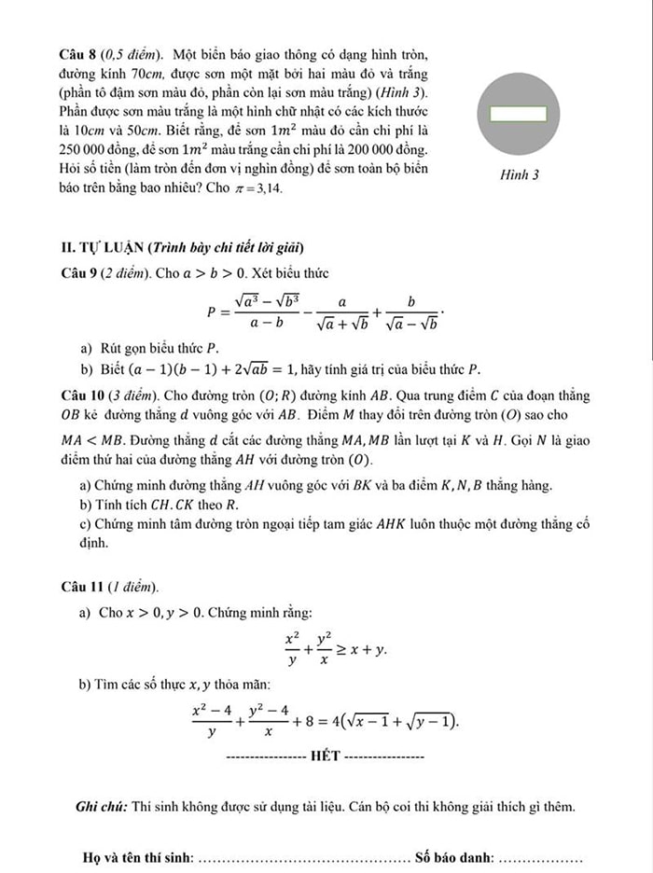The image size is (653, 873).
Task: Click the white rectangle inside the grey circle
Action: [519, 113]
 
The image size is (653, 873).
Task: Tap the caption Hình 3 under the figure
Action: [520, 174]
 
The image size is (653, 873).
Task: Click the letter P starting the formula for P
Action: [211, 312]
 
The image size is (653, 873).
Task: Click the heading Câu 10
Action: [82, 395]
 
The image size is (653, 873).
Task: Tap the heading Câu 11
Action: [82, 587]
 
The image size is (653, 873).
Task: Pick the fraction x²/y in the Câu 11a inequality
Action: [292, 649]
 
